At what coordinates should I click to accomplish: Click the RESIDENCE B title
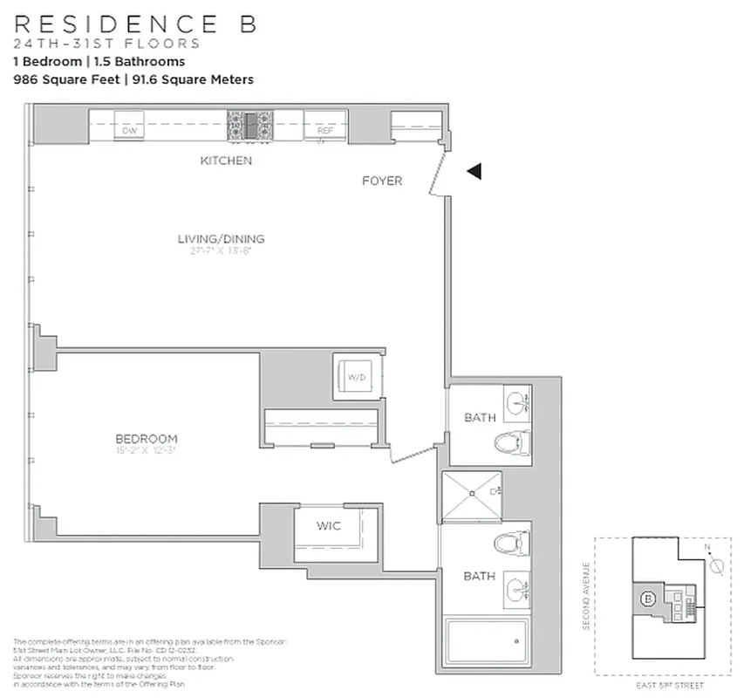point(135,24)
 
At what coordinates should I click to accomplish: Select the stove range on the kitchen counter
point(249,126)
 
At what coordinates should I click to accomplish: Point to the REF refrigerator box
point(325,129)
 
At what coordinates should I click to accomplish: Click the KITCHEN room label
point(226,161)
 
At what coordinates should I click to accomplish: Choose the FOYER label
point(382,181)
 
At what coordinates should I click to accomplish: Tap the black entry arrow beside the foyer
point(474,172)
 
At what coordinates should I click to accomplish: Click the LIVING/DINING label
point(221,239)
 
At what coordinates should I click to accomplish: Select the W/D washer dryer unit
point(357,377)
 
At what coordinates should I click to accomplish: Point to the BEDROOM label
point(147,439)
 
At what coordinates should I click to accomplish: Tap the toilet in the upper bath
point(512,443)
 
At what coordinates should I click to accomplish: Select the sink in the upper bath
point(517,402)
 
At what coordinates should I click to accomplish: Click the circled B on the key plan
point(648,599)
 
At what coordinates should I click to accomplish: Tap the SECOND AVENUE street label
point(587,597)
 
